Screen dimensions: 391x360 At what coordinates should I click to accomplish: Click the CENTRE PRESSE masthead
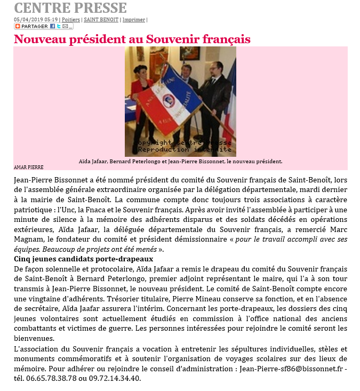click(70, 8)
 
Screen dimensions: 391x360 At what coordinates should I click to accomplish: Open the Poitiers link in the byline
click(71, 20)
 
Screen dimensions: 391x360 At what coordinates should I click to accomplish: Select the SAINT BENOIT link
click(101, 20)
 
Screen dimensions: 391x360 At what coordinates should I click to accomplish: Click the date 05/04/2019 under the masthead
click(25, 20)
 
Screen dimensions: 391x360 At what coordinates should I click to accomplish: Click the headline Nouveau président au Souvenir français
click(132, 39)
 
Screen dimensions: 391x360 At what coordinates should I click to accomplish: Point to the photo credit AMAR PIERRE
click(28, 167)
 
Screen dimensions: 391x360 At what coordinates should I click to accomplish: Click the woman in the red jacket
click(145, 85)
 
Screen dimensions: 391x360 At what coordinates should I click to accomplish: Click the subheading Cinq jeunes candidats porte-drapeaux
click(83, 259)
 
